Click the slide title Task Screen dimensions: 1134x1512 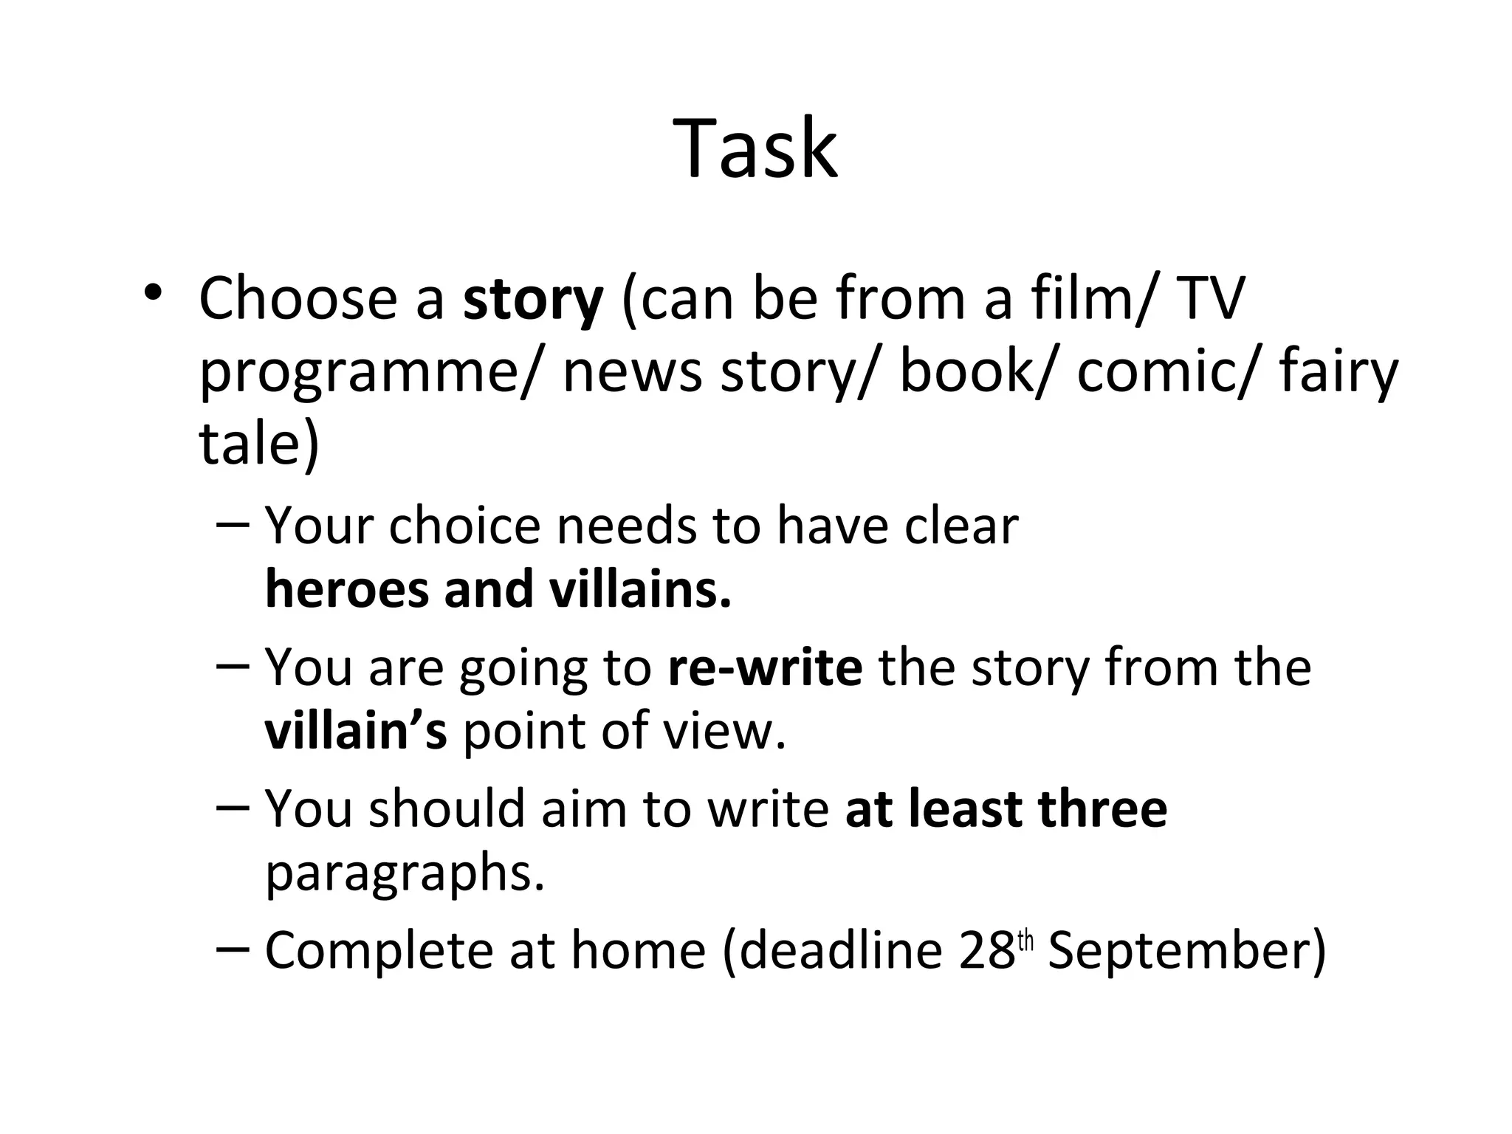[x=755, y=148]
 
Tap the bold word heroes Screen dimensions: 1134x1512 [x=346, y=590]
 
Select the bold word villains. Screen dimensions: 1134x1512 [x=640, y=590]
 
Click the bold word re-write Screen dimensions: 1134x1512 [x=765, y=667]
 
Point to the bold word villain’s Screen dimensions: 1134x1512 [x=355, y=730]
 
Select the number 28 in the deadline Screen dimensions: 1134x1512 [x=987, y=950]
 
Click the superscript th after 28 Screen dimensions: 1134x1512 [x=1025, y=941]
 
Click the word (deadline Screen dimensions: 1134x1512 [x=831, y=950]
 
